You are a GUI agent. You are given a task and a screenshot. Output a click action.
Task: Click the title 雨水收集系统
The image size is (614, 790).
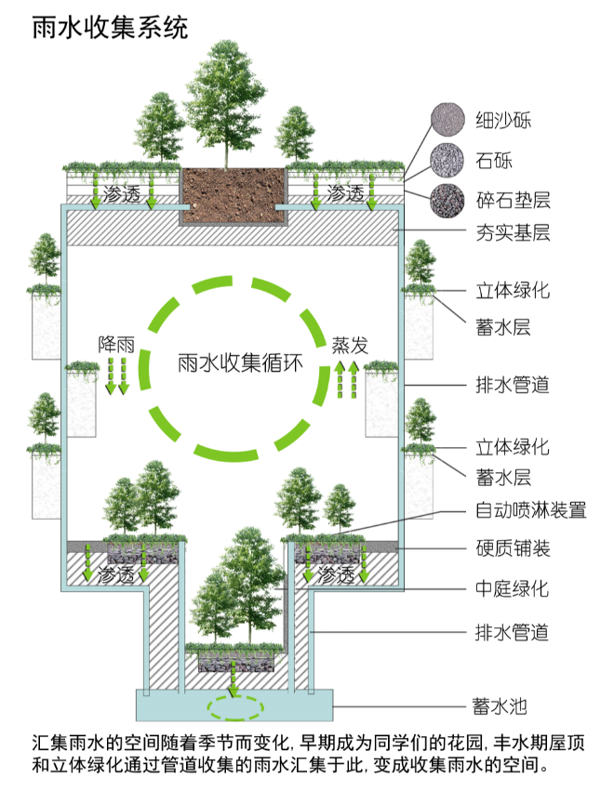110,27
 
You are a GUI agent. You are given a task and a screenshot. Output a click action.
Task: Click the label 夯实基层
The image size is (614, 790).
513,232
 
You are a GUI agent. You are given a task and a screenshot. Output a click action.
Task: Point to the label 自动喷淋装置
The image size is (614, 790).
530,509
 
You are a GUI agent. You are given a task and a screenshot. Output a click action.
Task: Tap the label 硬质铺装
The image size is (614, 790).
513,548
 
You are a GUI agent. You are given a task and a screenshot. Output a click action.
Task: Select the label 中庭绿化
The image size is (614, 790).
513,588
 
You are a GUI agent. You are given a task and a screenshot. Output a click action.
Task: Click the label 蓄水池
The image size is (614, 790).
503,706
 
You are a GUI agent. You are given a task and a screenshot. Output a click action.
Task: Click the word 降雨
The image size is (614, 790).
116,344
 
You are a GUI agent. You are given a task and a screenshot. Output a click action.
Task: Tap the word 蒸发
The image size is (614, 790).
350,345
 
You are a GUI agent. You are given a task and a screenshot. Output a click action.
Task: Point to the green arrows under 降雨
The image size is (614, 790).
115,375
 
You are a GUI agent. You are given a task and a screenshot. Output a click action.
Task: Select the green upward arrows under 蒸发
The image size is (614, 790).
347,380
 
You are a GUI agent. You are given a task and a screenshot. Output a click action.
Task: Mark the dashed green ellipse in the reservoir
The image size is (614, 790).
234,708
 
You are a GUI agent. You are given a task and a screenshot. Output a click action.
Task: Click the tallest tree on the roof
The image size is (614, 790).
229,102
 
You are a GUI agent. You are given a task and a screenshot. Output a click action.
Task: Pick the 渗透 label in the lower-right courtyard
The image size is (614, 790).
337,575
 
